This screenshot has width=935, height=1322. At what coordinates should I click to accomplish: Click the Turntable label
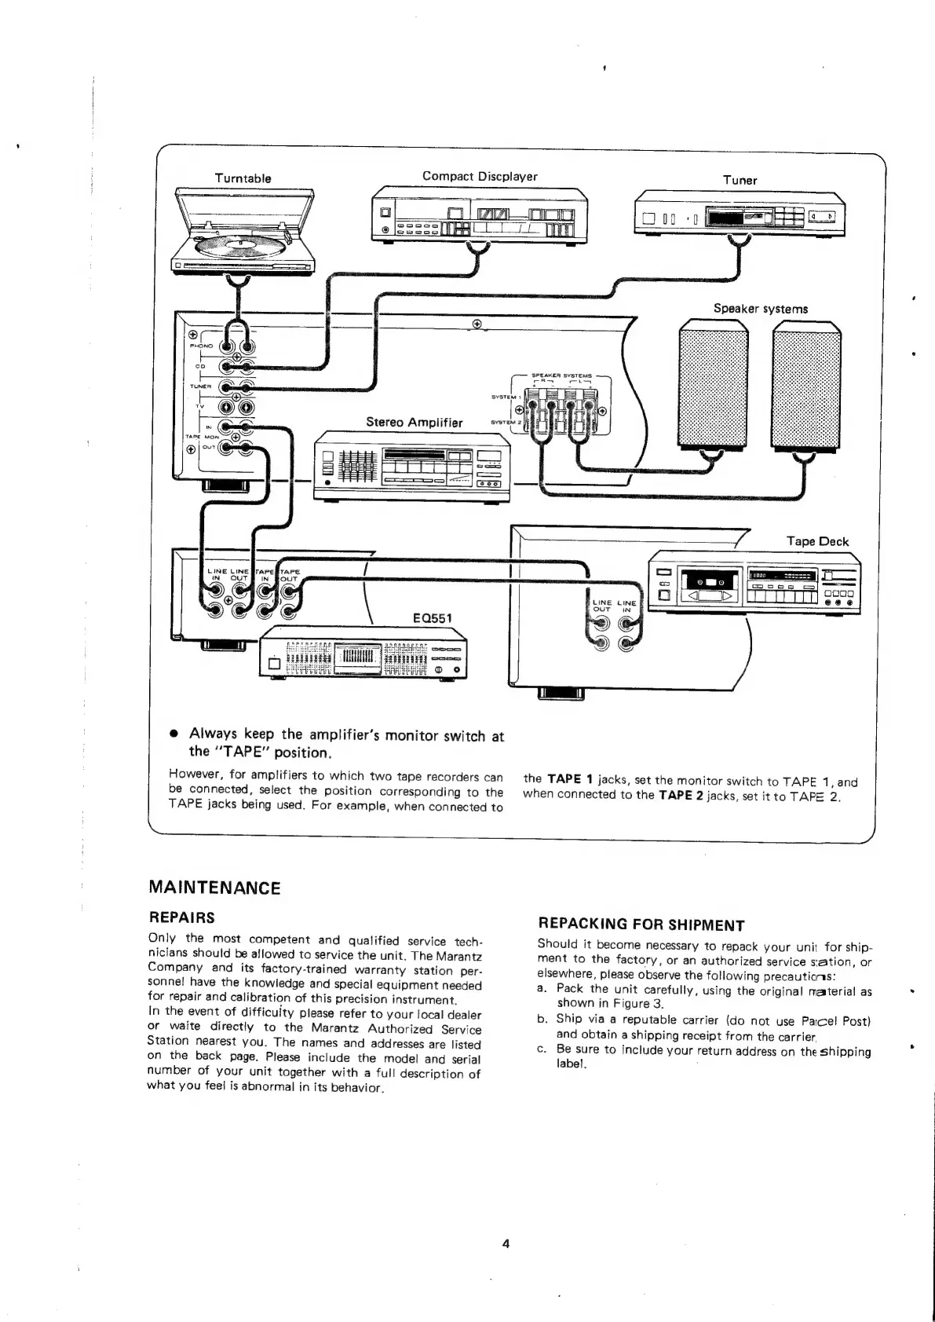tap(243, 178)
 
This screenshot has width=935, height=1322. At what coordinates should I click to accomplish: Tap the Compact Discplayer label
tap(480, 177)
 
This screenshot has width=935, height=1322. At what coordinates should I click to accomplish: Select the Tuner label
tap(740, 181)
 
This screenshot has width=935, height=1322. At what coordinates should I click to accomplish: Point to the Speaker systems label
tap(760, 309)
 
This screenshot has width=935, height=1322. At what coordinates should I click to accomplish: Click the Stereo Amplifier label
tap(415, 423)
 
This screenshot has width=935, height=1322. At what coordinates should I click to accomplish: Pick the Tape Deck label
tap(816, 541)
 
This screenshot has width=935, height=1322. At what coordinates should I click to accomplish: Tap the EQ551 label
tap(433, 617)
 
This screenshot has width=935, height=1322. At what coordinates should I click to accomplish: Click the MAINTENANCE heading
tap(214, 888)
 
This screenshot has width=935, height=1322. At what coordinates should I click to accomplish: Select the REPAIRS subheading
tap(181, 917)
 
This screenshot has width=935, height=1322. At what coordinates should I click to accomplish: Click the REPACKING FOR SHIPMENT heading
tap(641, 925)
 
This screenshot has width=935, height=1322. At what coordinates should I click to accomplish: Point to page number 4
tap(506, 1243)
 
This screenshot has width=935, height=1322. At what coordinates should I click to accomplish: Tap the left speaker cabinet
tap(713, 389)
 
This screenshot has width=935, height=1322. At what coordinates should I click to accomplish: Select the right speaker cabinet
tap(806, 389)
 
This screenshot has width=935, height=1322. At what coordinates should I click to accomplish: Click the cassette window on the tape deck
tap(708, 582)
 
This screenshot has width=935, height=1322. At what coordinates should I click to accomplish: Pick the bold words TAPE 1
tap(570, 779)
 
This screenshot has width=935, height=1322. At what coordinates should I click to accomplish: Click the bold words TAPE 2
tap(680, 794)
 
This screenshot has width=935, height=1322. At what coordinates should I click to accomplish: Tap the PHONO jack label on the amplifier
tap(200, 344)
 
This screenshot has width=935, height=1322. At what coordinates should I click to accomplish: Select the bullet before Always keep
tap(174, 734)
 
